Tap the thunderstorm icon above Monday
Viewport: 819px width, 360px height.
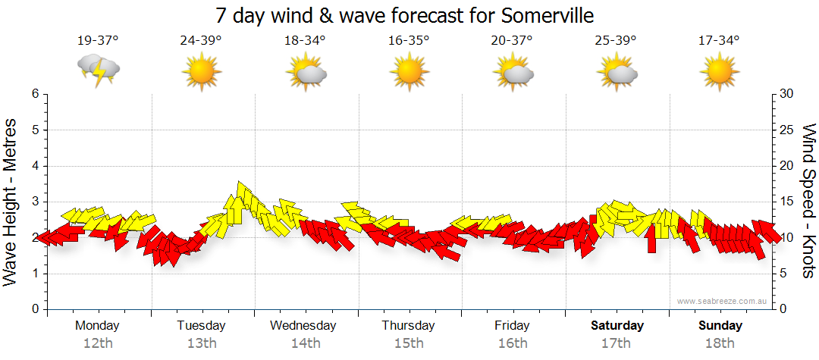pyautogui.click(x=98, y=70)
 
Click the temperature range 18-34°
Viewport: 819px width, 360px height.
pyautogui.click(x=305, y=41)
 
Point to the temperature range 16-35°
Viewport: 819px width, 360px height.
pyautogui.click(x=408, y=41)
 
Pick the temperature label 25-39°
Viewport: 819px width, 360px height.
pyautogui.click(x=615, y=41)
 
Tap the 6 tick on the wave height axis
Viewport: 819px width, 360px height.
pyautogui.click(x=34, y=94)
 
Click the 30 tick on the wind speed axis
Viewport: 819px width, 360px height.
pyautogui.click(x=786, y=94)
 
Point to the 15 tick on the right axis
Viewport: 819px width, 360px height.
pyautogui.click(x=786, y=202)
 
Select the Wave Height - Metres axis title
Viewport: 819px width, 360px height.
pyautogui.click(x=12, y=202)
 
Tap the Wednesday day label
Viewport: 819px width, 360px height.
pyautogui.click(x=303, y=326)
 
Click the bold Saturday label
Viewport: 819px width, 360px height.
pyautogui.click(x=617, y=326)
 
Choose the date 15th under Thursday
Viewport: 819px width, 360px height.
pyautogui.click(x=409, y=343)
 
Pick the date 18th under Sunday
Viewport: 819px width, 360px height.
pyautogui.click(x=720, y=343)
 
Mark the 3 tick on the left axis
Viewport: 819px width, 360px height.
pyautogui.click(x=34, y=202)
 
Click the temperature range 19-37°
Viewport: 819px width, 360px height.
pyautogui.click(x=98, y=41)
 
